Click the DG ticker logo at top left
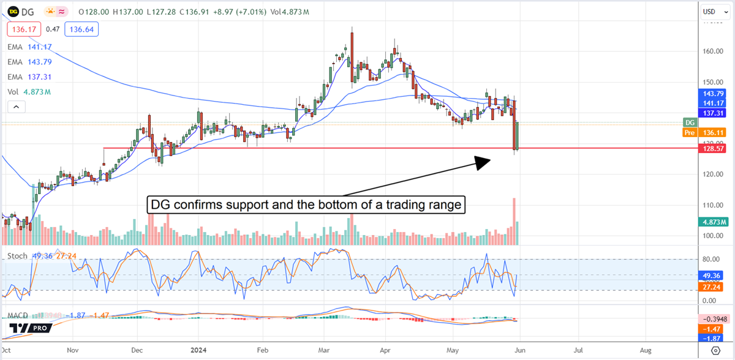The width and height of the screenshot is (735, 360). (11, 11)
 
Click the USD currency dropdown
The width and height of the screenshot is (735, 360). (713, 11)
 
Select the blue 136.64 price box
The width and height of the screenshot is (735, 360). (83, 28)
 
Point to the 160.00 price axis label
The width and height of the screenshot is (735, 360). (713, 51)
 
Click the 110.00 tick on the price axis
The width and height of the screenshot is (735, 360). (713, 205)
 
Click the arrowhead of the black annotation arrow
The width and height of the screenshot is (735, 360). (484, 161)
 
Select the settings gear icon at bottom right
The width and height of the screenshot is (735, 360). (715, 350)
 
